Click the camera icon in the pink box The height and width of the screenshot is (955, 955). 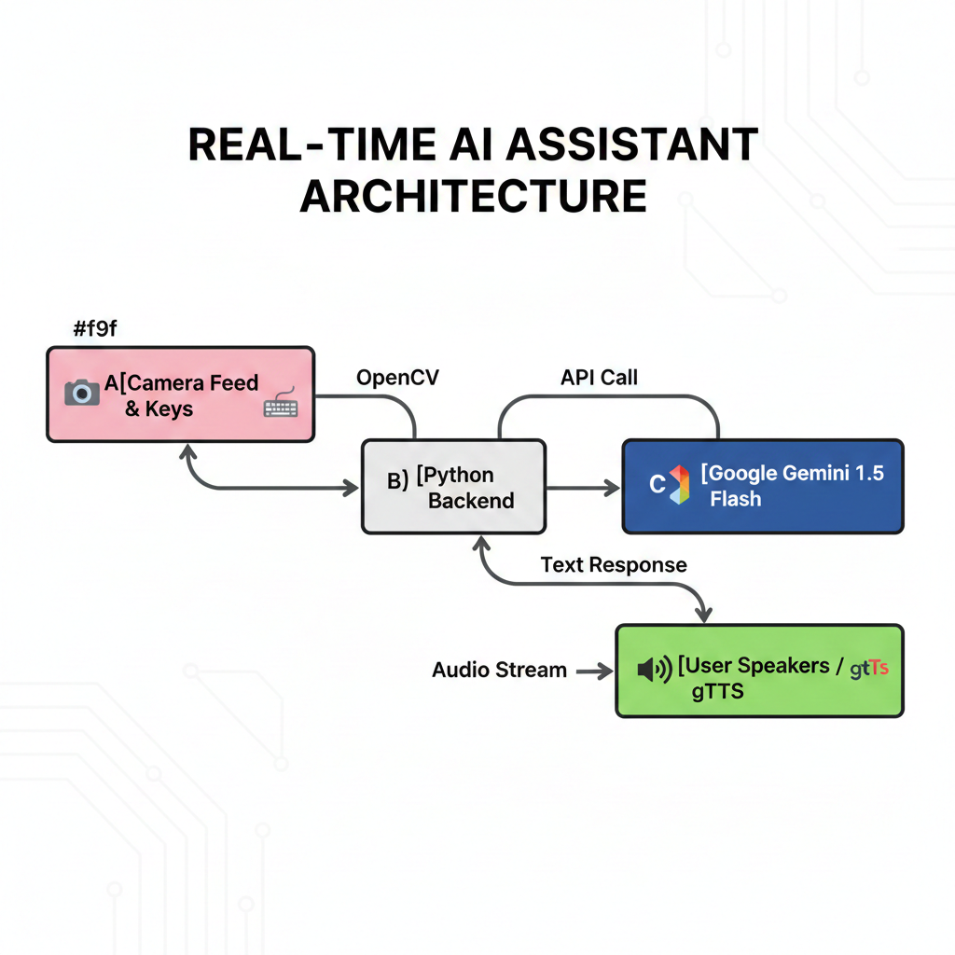pyautogui.click(x=82, y=393)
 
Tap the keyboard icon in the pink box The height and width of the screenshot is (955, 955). pyautogui.click(x=281, y=405)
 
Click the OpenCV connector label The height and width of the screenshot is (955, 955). pyautogui.click(x=397, y=378)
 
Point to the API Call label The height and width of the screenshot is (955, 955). pyautogui.click(x=599, y=378)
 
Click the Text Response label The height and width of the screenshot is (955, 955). pyautogui.click(x=613, y=564)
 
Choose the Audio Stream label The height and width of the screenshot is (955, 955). pyautogui.click(x=499, y=670)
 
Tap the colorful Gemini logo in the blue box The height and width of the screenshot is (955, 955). pyautogui.click(x=679, y=485)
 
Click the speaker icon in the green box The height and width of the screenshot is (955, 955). pyautogui.click(x=654, y=669)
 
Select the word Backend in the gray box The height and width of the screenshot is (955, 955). pyautogui.click(x=471, y=501)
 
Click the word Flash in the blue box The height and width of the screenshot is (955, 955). pyautogui.click(x=735, y=499)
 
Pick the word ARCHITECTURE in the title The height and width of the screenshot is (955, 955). pyautogui.click(x=473, y=197)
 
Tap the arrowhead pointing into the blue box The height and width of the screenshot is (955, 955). pyautogui.click(x=613, y=488)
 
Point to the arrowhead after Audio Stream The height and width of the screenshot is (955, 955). pyautogui.click(x=606, y=670)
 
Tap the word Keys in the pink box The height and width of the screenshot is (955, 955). pyautogui.click(x=169, y=408)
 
